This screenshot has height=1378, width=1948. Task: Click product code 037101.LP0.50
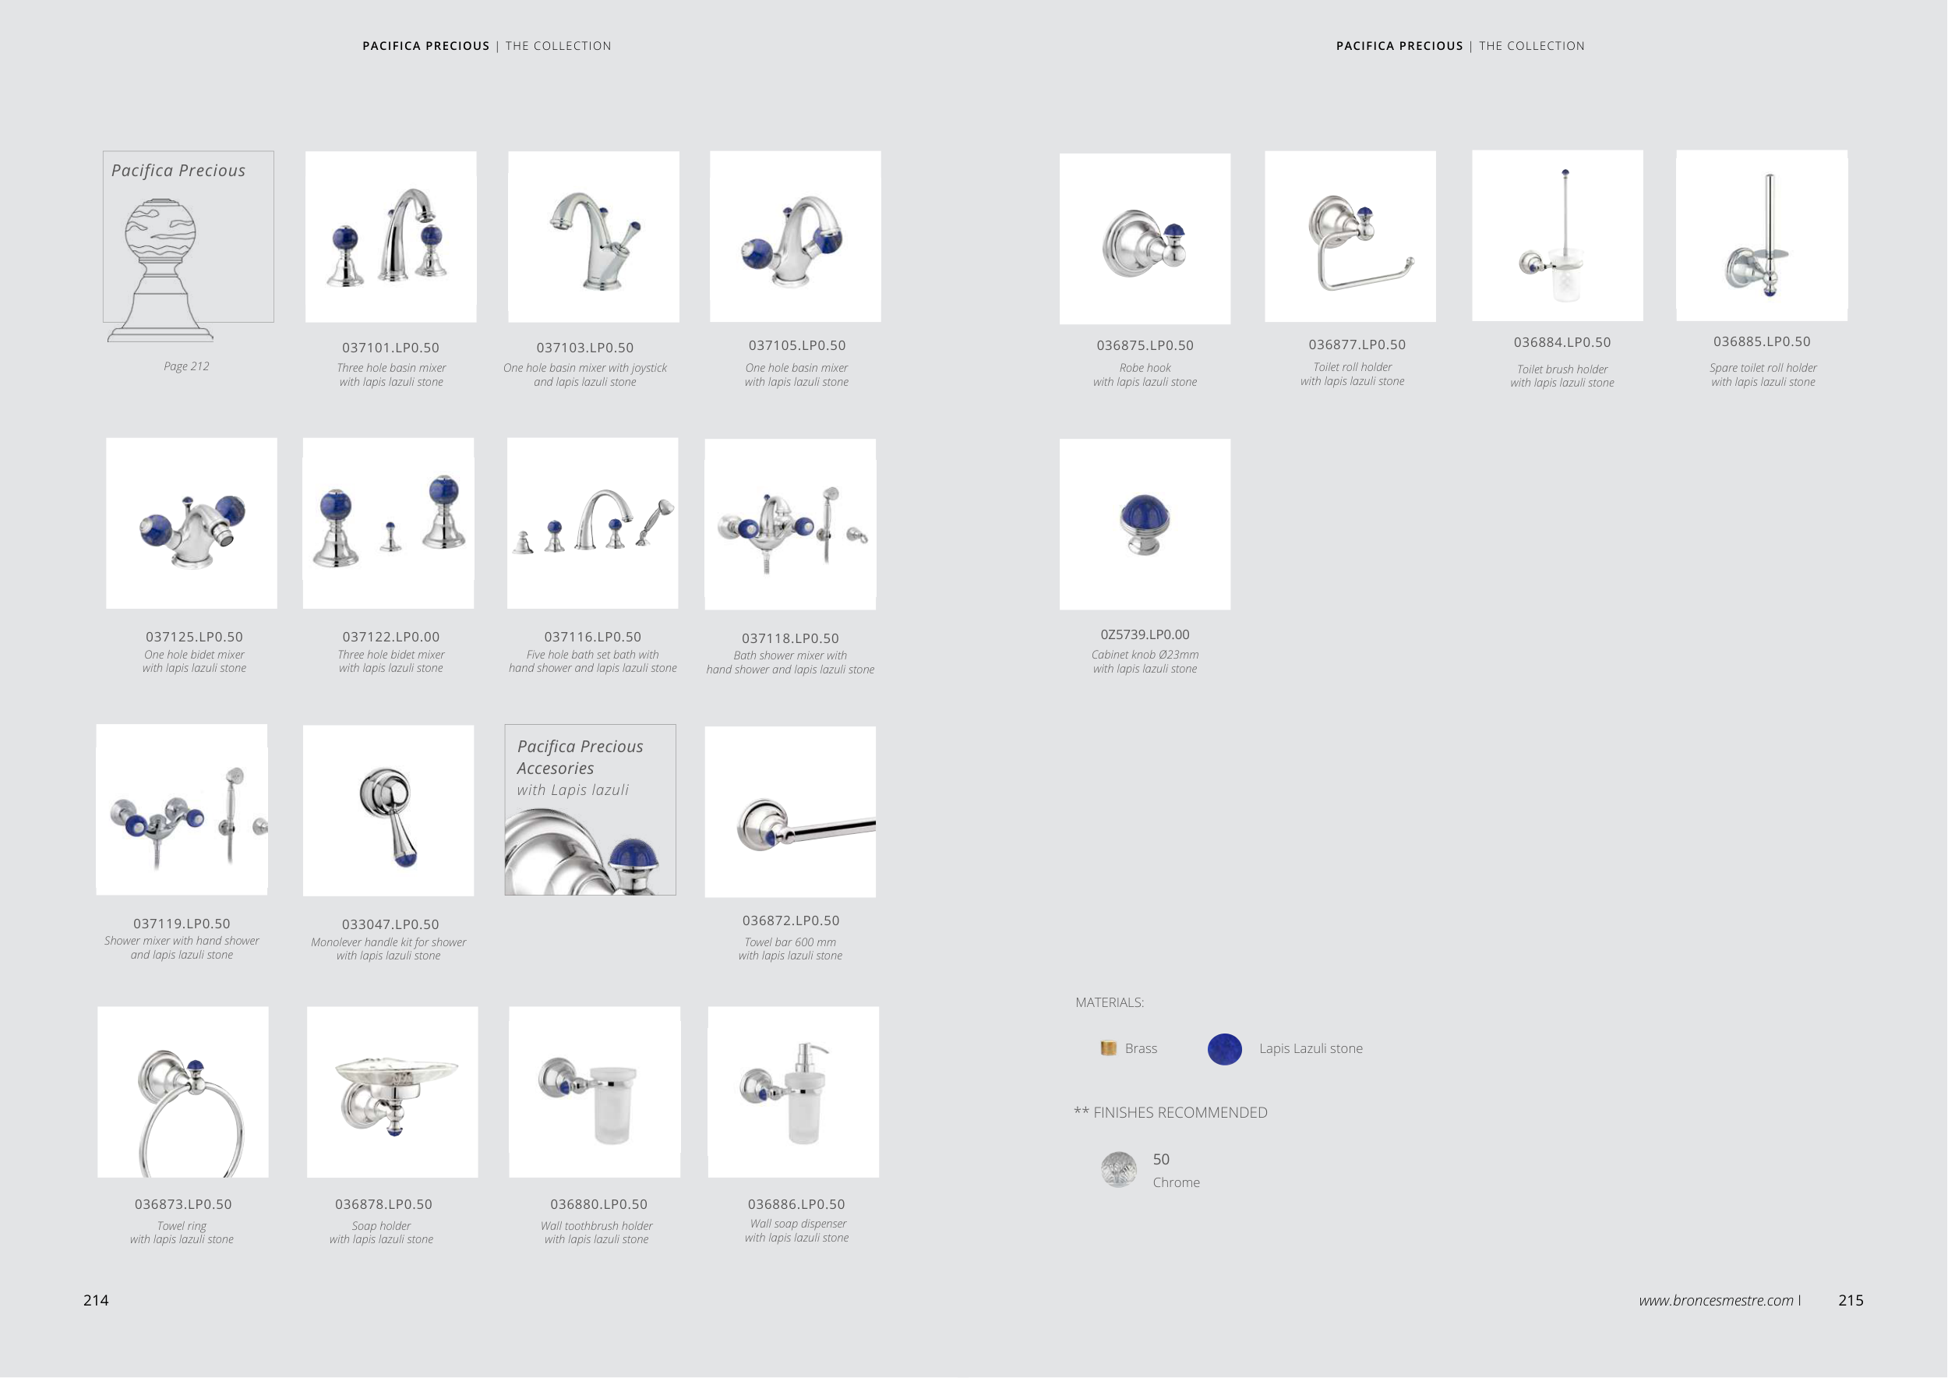click(390, 348)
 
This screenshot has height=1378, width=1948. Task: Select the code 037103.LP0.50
click(584, 348)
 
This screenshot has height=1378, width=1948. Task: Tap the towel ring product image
click(183, 1092)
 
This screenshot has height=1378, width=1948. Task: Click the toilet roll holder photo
click(1350, 237)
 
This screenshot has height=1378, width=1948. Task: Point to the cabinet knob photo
click(1145, 525)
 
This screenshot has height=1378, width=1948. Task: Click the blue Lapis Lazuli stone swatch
click(1224, 1049)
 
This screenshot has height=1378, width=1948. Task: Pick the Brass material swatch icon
click(1108, 1048)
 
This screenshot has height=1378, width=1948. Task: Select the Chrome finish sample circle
click(1119, 1169)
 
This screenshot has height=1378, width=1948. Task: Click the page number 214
click(96, 1300)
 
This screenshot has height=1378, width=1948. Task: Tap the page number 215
click(1851, 1300)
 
